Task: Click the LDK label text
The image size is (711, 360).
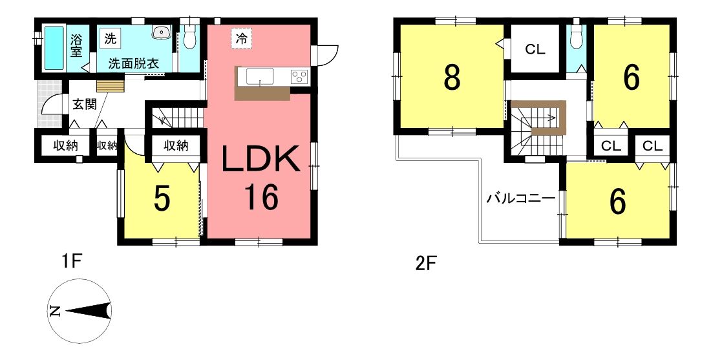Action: coord(260,159)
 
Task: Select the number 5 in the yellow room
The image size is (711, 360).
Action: coord(162,199)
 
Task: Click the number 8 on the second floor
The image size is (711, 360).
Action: coord(452,78)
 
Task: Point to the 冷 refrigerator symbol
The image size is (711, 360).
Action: coord(242,39)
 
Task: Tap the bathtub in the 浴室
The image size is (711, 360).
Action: coord(54,48)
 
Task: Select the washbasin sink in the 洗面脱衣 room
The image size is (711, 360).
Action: coord(160,32)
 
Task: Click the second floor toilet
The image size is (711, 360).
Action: coord(577,36)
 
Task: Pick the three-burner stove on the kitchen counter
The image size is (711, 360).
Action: coord(299,76)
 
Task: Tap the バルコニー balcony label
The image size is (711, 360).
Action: coord(521,198)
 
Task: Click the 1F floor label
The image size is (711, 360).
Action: coord(71,262)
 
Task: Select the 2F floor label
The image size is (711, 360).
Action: coord(426,264)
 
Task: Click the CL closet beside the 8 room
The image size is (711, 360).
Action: coord(535,49)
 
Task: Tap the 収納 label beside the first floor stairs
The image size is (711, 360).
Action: coord(176,145)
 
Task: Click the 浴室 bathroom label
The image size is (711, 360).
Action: coord(76,45)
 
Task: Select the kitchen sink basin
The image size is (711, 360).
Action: coord(260,76)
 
